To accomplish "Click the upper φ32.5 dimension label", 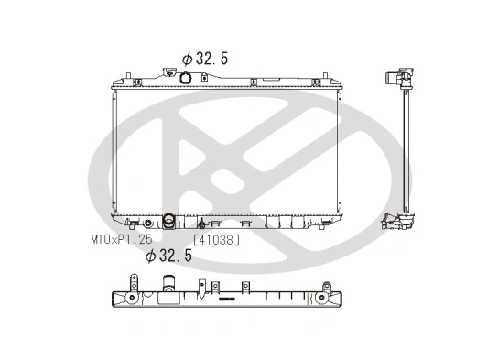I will pyautogui.click(x=205, y=59).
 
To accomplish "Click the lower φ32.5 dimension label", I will pyautogui.click(x=168, y=256).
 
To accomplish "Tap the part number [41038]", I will pyautogui.click(x=216, y=240).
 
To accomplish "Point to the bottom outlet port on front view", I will pyautogui.click(x=169, y=223).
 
